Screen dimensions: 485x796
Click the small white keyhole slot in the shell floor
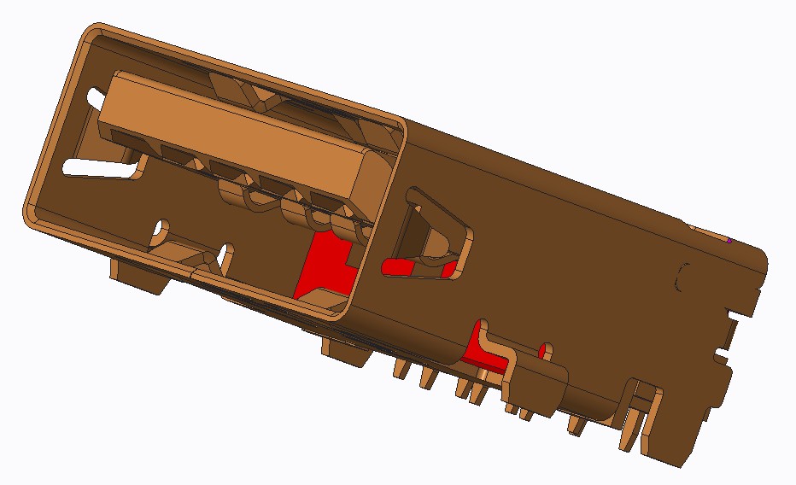tap(161, 231)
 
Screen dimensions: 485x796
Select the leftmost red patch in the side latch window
tap(397, 267)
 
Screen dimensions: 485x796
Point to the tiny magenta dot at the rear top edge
tap(730, 241)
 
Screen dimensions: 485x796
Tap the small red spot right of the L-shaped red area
tap(544, 349)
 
